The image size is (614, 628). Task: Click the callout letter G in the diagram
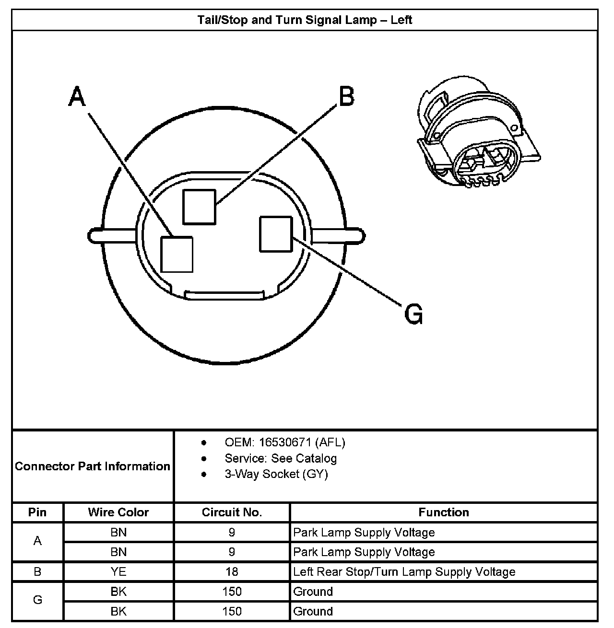tap(413, 314)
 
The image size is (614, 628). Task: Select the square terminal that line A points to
tap(177, 254)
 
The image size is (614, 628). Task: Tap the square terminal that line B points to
tap(199, 206)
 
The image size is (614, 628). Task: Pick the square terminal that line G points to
tap(275, 234)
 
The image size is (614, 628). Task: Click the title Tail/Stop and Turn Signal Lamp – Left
tap(305, 20)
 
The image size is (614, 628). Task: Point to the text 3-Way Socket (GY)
tap(276, 474)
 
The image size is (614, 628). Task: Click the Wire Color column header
tap(118, 512)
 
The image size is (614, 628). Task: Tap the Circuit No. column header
tap(232, 512)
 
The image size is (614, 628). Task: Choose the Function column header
tap(444, 512)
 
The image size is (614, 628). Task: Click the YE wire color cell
tap(118, 571)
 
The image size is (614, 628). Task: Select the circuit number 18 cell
tap(232, 571)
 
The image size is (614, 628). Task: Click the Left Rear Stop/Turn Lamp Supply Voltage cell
tap(404, 571)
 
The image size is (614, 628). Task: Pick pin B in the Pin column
tap(37, 571)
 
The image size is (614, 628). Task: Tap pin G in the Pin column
tap(37, 600)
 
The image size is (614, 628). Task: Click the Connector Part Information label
tap(93, 466)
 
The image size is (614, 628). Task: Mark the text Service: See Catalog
tap(281, 458)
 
